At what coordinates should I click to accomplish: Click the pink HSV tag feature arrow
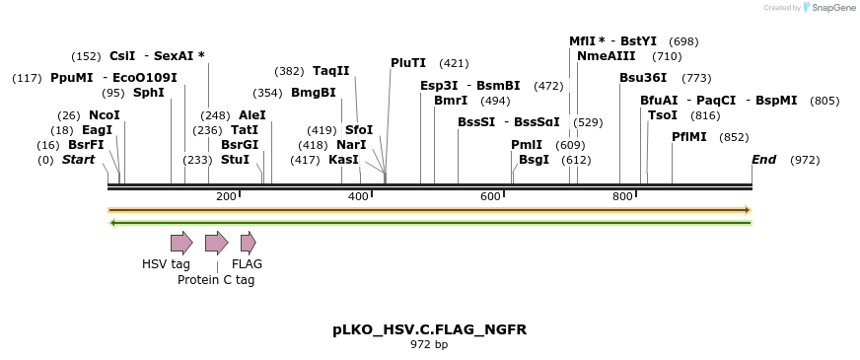181,243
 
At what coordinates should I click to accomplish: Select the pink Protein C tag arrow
216,243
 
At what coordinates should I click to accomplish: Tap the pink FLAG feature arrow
248,243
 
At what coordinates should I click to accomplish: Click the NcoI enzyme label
104,115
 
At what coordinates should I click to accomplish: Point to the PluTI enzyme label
408,63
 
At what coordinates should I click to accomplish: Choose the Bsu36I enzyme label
643,78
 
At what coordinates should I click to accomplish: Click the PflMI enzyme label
689,137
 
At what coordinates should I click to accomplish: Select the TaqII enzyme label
330,71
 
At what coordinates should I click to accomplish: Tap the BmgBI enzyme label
314,93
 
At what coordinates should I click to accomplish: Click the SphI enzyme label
148,93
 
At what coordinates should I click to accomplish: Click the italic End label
763,160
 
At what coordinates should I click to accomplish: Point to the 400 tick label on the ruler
358,196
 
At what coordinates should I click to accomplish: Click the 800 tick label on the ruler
622,196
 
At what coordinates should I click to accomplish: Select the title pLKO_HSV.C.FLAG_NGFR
429,329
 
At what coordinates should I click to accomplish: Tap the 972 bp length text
429,344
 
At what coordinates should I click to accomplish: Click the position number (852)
734,137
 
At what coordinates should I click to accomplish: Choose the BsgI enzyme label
534,160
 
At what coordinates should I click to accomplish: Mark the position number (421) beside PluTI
454,63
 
